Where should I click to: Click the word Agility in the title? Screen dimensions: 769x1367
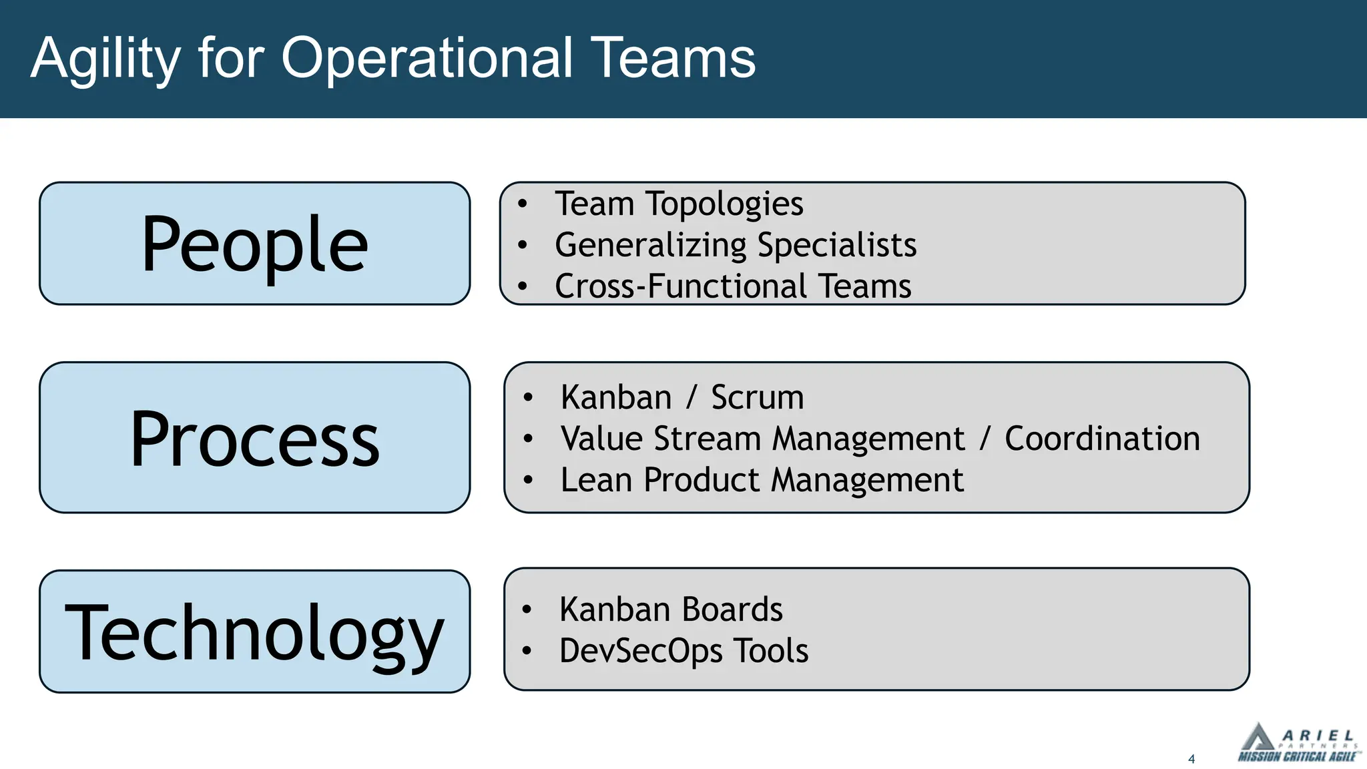(105, 59)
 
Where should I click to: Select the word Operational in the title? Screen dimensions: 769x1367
(427, 59)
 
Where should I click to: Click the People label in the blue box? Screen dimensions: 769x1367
(254, 244)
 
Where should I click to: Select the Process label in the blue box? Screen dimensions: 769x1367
(254, 439)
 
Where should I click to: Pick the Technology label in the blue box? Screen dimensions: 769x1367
(254, 631)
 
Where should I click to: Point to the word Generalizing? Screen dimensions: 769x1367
(651, 246)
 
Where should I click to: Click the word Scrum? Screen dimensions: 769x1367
(757, 398)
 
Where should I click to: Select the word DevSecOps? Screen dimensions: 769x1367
(641, 651)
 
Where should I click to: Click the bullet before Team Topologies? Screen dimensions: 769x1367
(523, 204)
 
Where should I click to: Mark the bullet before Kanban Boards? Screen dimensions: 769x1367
(527, 609)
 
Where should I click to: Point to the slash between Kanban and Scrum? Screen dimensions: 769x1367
(692, 398)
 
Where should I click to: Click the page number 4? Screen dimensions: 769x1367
(1191, 759)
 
